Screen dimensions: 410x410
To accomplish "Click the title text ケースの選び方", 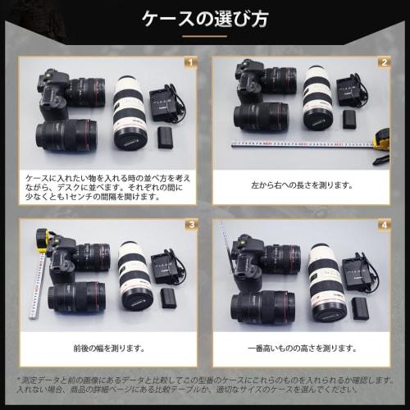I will (x=205, y=17).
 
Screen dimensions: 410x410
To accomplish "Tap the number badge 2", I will (x=383, y=62).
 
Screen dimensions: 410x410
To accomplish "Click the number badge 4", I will (x=383, y=224).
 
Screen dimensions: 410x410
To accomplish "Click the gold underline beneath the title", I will (x=205, y=36).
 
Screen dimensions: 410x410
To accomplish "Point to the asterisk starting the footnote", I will (x=20, y=379).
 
